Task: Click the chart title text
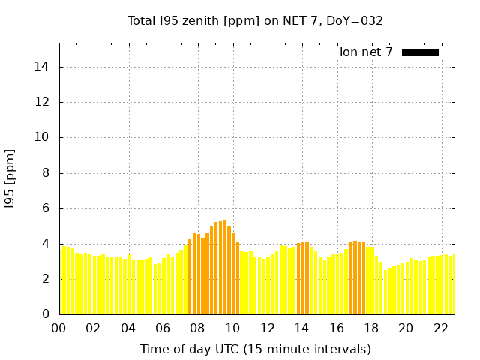click(x=256, y=21)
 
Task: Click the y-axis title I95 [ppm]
click(x=10, y=179)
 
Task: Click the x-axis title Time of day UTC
click(x=256, y=349)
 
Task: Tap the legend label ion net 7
click(x=366, y=52)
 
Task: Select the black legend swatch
click(x=420, y=52)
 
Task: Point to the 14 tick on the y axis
click(x=42, y=67)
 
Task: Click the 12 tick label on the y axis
click(x=42, y=102)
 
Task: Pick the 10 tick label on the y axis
click(x=42, y=137)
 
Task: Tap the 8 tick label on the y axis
click(x=46, y=172)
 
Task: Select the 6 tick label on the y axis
click(x=46, y=208)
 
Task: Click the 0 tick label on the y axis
click(x=46, y=314)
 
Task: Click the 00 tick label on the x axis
click(x=58, y=328)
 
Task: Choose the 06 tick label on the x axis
click(x=163, y=328)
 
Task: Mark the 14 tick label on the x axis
click(x=301, y=328)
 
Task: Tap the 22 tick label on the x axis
click(x=440, y=328)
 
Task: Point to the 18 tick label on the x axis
click(x=371, y=328)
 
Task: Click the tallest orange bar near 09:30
click(x=224, y=267)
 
